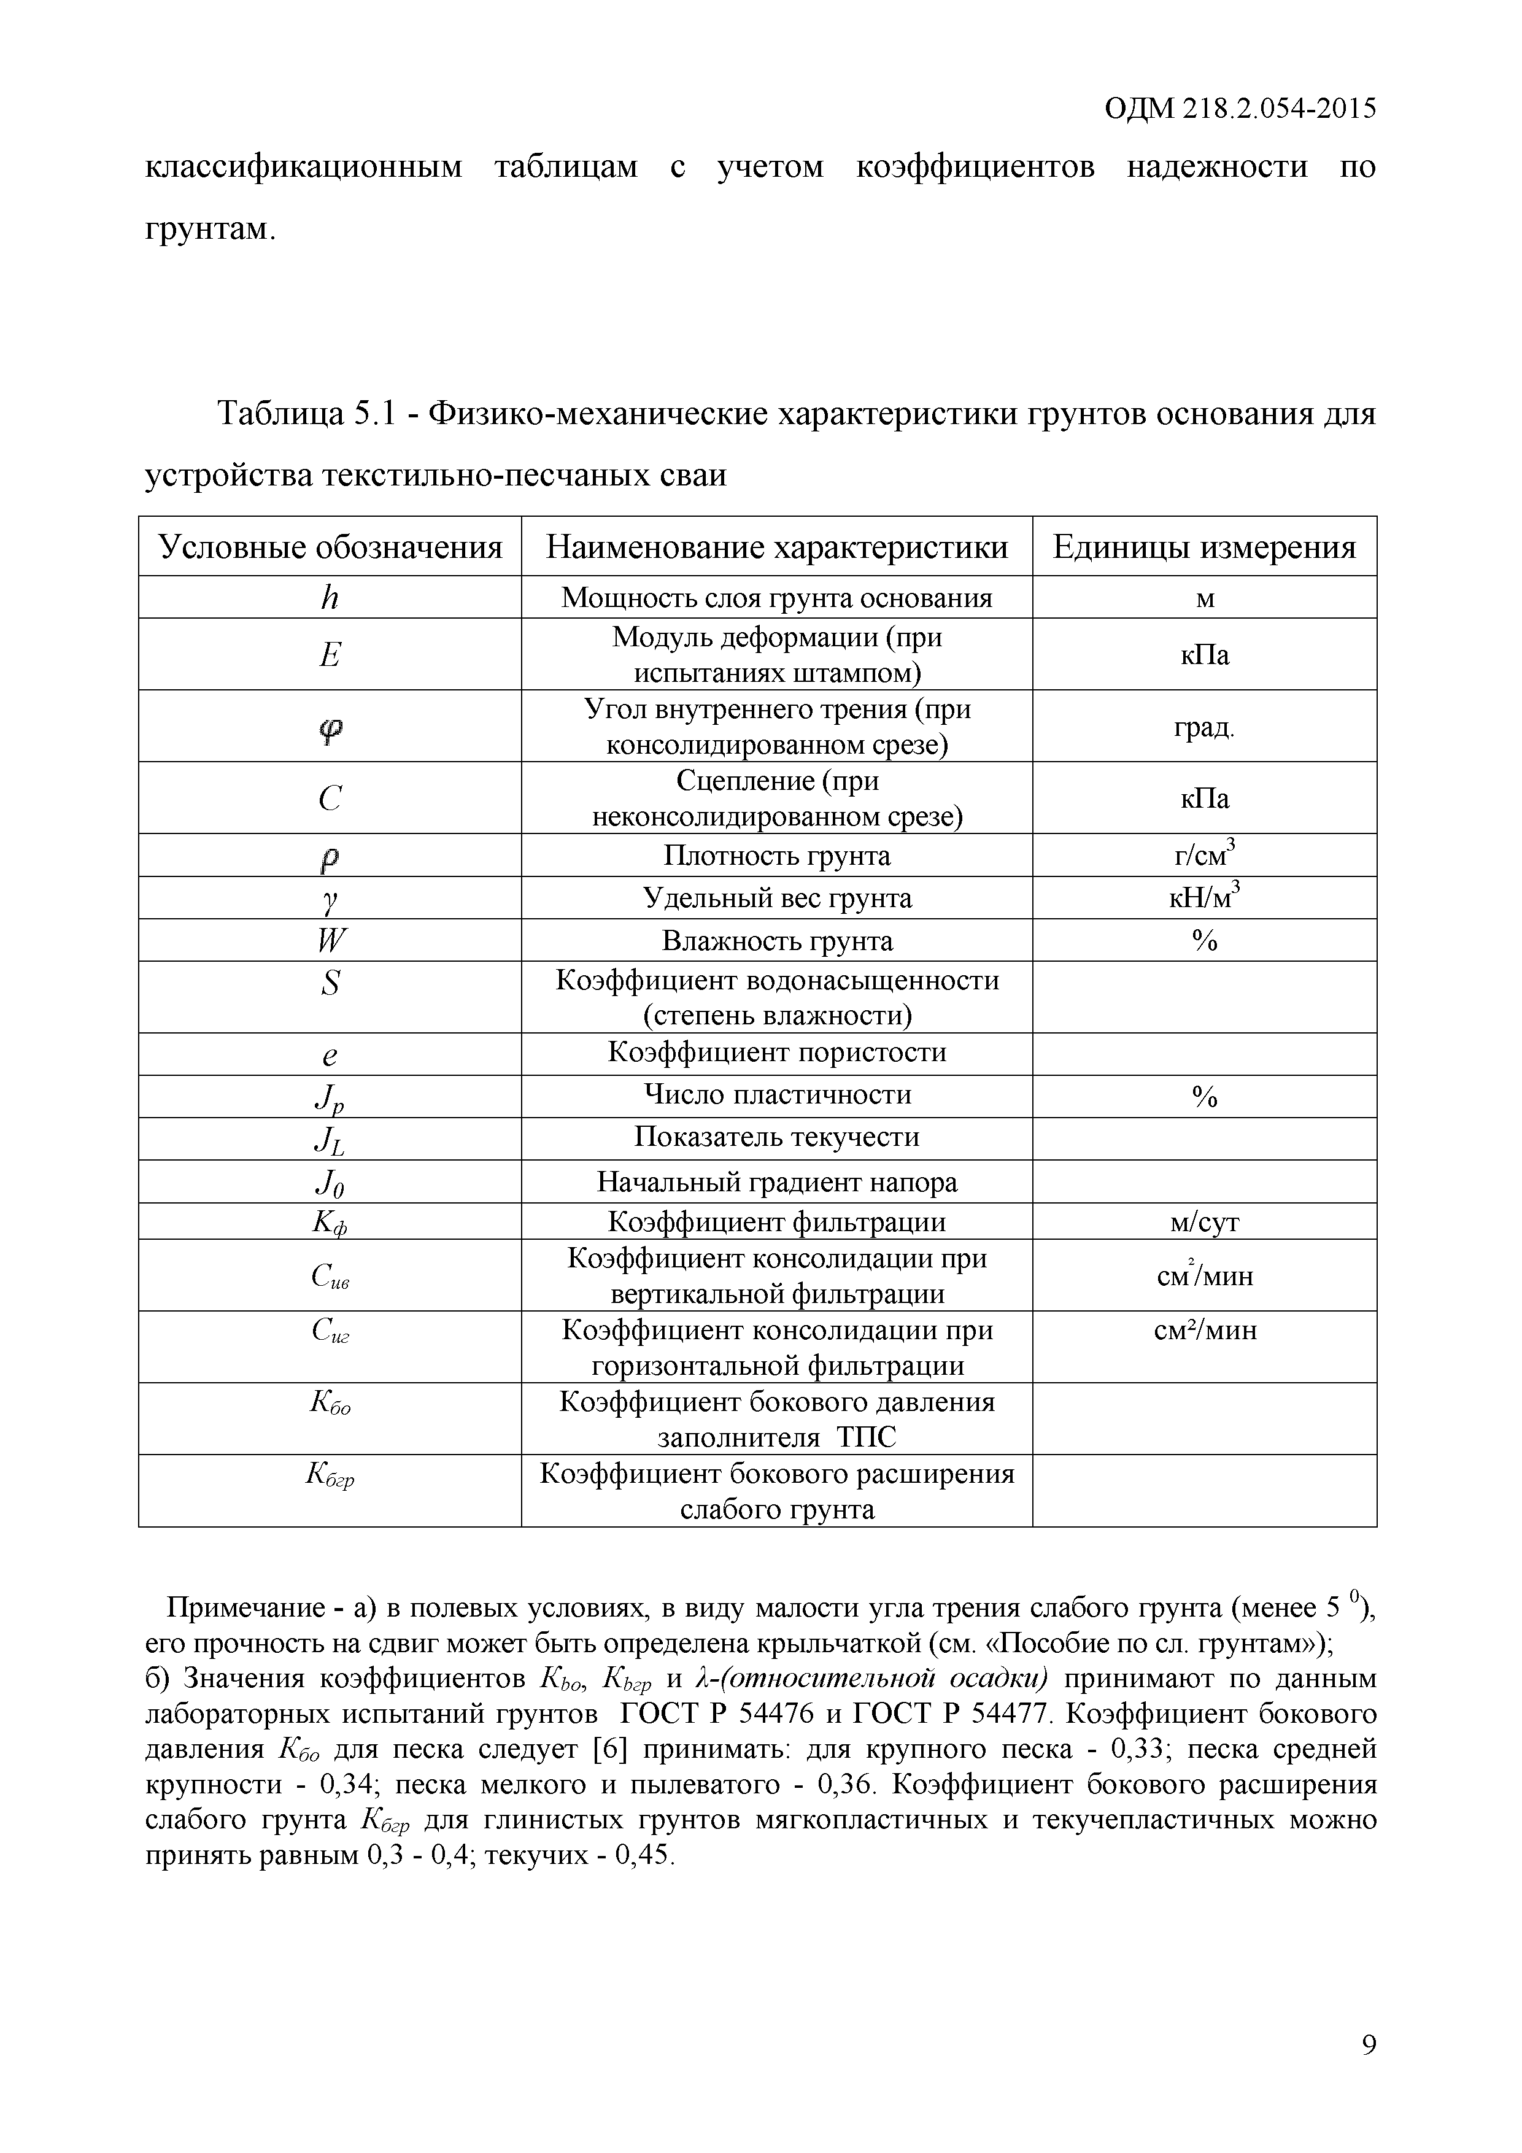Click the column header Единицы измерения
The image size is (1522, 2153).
[x=1204, y=547]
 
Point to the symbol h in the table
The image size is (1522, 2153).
[x=329, y=597]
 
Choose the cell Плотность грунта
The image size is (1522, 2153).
[x=776, y=855]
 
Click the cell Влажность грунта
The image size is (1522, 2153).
[x=776, y=940]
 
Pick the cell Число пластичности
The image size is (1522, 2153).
[x=776, y=1094]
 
